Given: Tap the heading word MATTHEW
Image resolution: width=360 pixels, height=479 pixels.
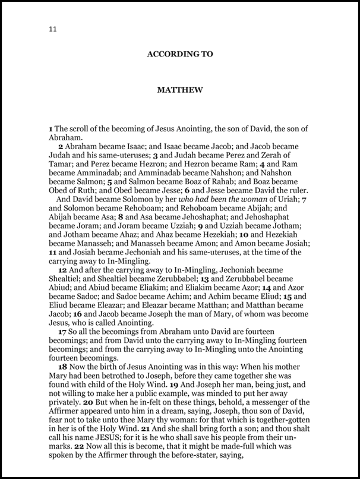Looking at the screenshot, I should coord(180,92).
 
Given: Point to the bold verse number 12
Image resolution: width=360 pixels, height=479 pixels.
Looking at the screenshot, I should coord(62,269).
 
